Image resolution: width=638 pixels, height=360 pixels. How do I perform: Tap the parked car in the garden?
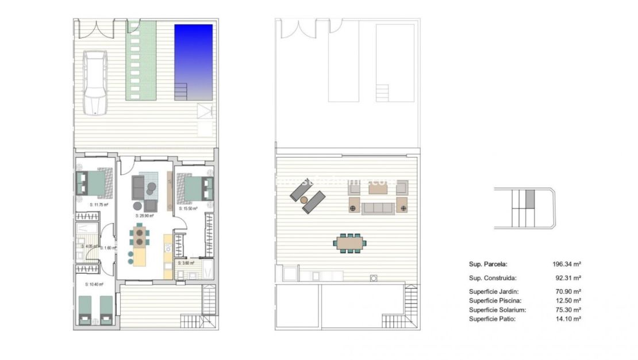[95, 82]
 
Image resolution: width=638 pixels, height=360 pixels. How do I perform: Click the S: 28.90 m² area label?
[144, 216]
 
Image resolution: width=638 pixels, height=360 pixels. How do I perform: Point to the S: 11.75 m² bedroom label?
[99, 204]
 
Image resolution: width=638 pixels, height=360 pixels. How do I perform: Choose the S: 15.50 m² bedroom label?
[188, 209]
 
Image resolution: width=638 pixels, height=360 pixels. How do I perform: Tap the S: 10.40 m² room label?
[94, 284]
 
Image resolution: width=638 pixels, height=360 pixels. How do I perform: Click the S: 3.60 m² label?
[186, 263]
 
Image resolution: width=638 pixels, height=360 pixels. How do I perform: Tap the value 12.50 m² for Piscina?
[568, 300]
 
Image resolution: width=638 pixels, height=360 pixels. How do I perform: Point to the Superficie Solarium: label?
[497, 309]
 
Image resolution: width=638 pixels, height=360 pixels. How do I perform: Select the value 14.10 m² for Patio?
[568, 319]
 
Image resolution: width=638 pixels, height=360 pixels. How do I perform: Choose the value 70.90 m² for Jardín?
[568, 292]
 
